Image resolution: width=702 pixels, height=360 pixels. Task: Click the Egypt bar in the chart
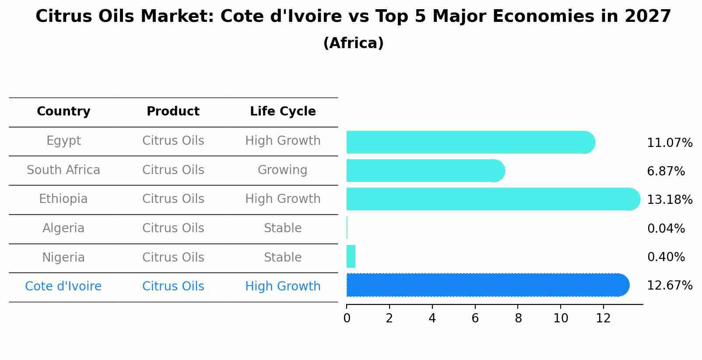pos(470,142)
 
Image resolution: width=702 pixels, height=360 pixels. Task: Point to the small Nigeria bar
pos(351,256)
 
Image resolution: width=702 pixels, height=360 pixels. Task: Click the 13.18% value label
pos(669,200)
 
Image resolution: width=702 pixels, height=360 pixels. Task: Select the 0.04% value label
pos(666,228)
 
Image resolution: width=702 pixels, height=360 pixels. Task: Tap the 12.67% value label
pos(669,286)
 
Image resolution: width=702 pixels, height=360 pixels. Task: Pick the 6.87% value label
pos(666,171)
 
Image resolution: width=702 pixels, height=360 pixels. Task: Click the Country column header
pos(63,112)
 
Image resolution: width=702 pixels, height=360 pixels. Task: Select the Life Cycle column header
pos(283,112)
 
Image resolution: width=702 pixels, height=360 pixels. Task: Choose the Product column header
pos(173,112)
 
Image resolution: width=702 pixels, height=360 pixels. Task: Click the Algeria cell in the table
pos(63,228)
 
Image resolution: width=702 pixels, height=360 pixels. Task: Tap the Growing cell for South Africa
pos(282,170)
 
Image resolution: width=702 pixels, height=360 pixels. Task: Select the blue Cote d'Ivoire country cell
pos(63,287)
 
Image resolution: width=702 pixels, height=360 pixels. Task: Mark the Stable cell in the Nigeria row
pos(282,257)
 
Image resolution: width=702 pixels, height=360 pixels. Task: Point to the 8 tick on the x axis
pos(518,318)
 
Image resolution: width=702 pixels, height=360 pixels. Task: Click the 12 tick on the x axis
pos(603,318)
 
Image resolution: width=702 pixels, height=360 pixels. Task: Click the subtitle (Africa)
pos(353,43)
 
